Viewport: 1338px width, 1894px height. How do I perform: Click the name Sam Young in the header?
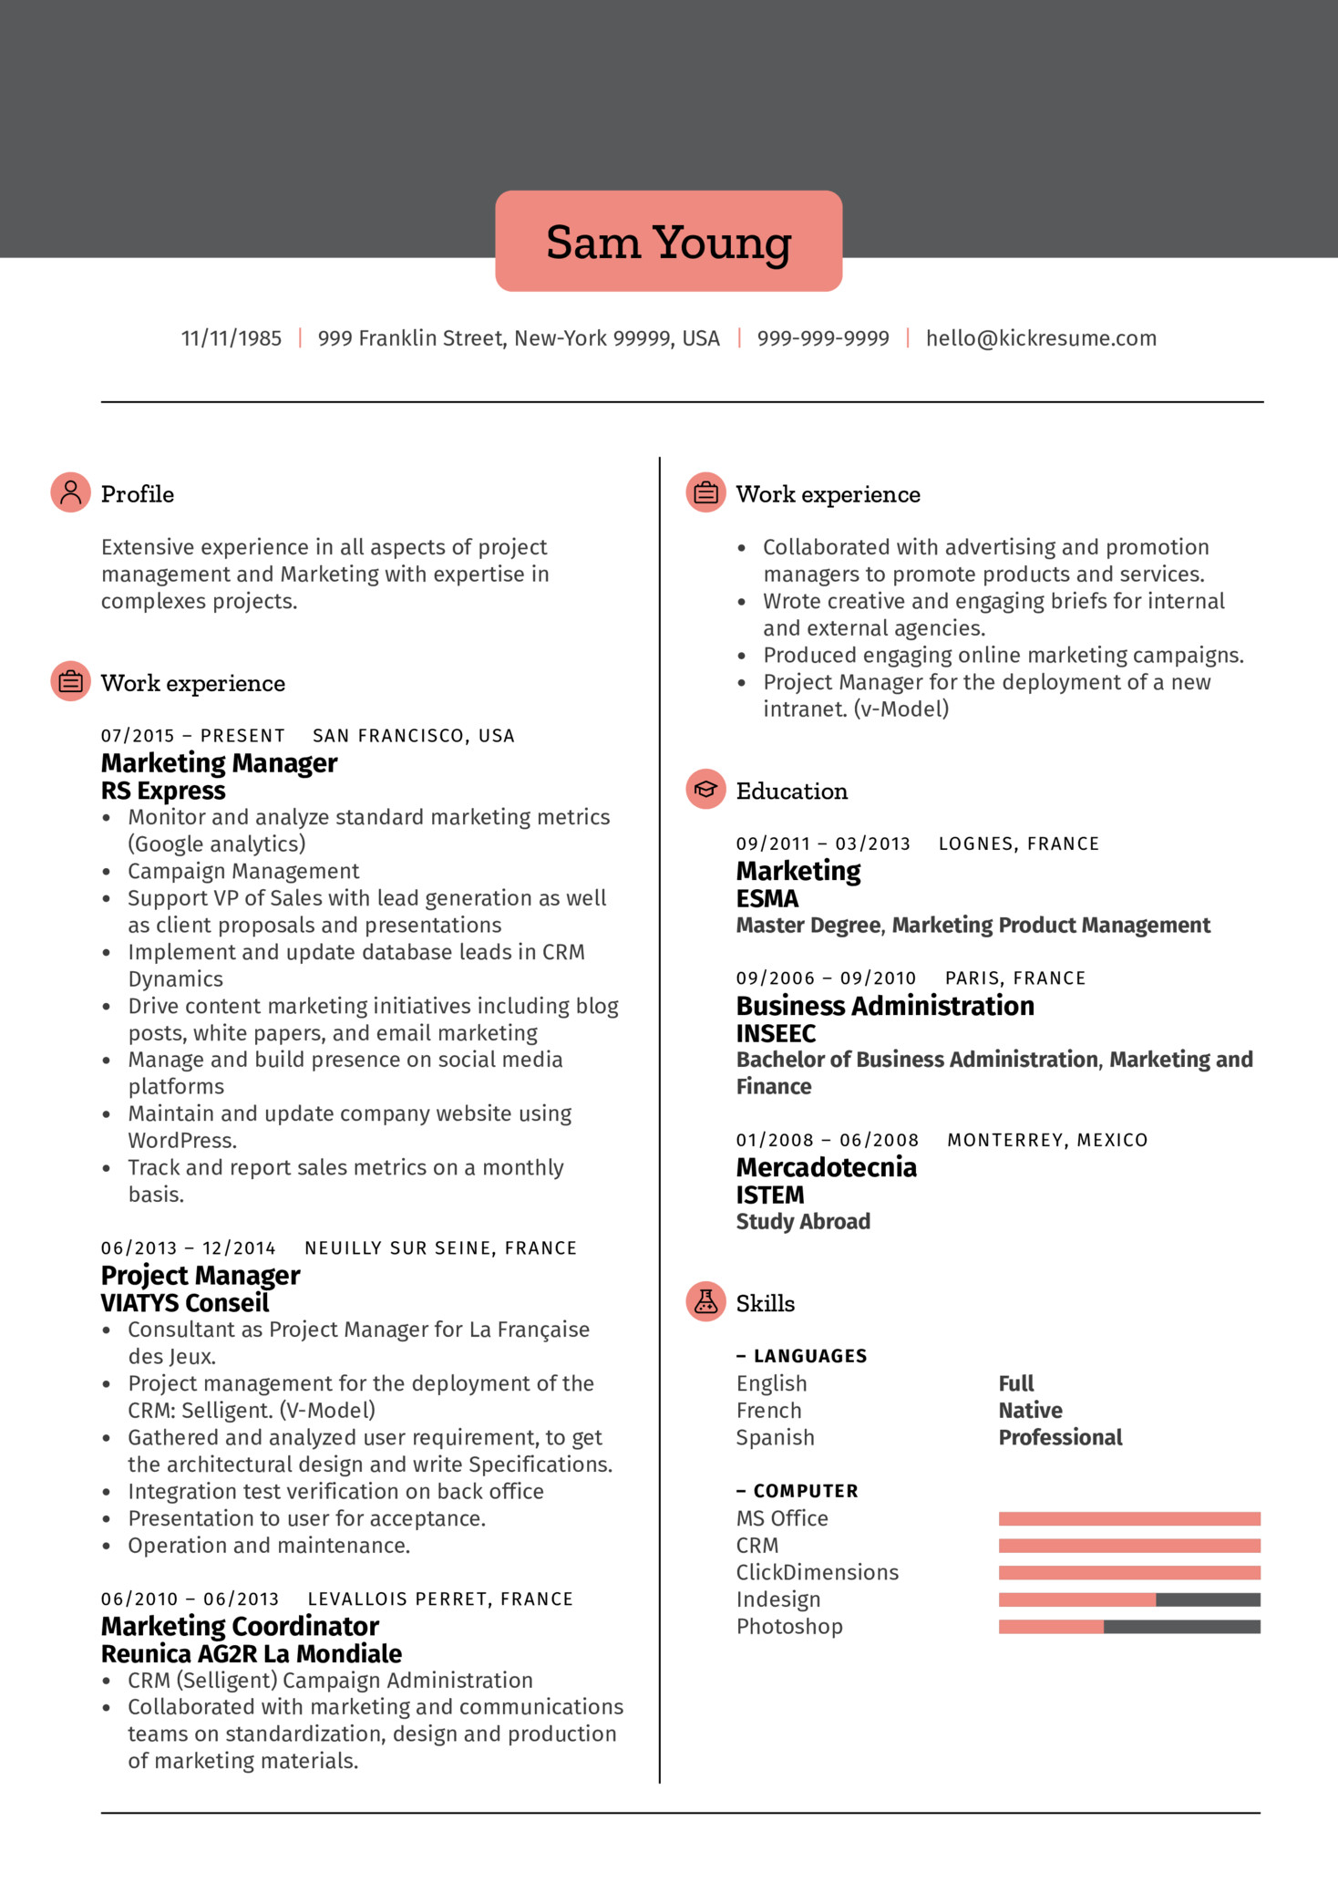(x=668, y=243)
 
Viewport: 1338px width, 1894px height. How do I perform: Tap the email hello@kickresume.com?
(x=1041, y=338)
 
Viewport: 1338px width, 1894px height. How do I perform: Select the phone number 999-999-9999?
(x=822, y=338)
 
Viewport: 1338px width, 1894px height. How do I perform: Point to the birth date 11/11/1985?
(x=232, y=338)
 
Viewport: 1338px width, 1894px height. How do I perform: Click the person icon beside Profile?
(x=70, y=492)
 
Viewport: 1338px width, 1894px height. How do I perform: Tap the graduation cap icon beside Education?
(x=705, y=790)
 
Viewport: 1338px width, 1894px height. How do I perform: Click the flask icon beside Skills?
(x=705, y=1302)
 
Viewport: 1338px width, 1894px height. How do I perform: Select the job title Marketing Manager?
(x=219, y=762)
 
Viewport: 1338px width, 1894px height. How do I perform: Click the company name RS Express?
(x=163, y=791)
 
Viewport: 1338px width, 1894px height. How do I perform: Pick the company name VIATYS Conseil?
(x=185, y=1303)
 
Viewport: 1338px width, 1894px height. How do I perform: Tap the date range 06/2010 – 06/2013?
(x=190, y=1599)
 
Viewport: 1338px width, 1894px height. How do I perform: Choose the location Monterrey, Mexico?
(x=1047, y=1140)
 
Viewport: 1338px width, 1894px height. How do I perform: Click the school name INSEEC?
(x=776, y=1033)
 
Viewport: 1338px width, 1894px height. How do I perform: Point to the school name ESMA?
(x=767, y=899)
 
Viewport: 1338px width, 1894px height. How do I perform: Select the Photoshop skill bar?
(x=1128, y=1627)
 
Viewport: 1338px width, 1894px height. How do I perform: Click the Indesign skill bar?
(x=1128, y=1599)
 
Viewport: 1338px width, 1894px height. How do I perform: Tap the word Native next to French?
(x=1030, y=1411)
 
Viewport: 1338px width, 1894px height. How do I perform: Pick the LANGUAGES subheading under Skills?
(x=809, y=1356)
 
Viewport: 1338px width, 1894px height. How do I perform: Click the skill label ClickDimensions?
(x=817, y=1572)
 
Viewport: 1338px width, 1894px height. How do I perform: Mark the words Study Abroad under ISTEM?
(x=803, y=1222)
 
